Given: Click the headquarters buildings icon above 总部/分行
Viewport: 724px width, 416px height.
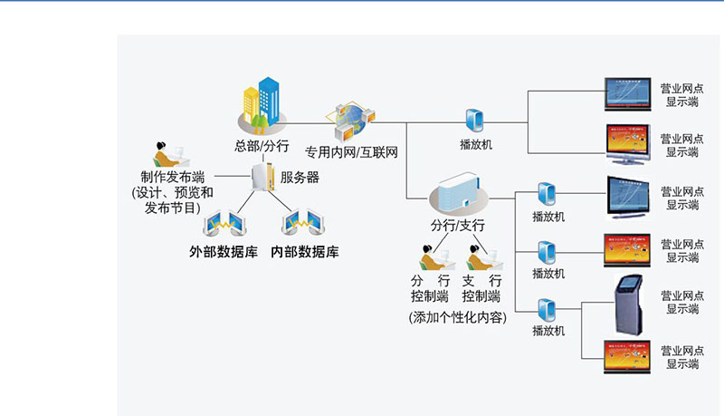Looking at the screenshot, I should (x=259, y=104).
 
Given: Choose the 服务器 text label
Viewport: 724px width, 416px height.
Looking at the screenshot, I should (x=300, y=178).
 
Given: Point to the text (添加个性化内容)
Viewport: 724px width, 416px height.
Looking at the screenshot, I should (x=457, y=317).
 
